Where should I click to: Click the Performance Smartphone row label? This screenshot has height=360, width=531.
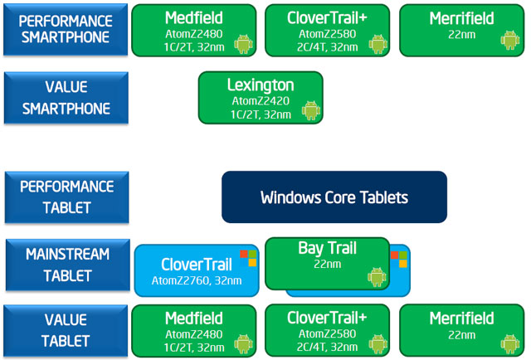66,30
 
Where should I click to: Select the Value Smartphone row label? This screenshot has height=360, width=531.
66,98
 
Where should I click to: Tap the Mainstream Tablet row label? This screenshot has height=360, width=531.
68,265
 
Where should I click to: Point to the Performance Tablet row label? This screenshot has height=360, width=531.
67,197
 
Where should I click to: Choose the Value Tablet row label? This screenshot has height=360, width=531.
66,330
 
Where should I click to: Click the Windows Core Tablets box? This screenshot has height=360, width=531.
334,197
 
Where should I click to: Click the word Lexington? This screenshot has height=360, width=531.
261,85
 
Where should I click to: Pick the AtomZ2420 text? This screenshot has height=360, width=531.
261,101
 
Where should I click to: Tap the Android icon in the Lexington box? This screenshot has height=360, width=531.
311,110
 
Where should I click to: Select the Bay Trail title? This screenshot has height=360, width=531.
327,248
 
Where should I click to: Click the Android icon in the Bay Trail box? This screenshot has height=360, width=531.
377,277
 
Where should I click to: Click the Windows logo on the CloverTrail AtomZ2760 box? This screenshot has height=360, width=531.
248,258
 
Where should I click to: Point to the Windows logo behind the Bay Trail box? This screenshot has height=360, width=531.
398,259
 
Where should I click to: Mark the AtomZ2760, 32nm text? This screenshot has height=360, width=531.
197,280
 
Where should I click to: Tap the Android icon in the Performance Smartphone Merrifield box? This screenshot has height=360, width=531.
510,41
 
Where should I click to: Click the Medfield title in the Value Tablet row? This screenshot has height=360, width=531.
194,319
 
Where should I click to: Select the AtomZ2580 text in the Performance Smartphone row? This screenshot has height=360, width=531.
327,34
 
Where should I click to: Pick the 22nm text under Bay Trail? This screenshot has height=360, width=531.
327,264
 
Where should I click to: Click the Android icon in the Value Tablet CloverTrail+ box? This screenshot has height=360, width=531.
378,344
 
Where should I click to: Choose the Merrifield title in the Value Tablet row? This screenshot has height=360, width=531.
461,319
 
